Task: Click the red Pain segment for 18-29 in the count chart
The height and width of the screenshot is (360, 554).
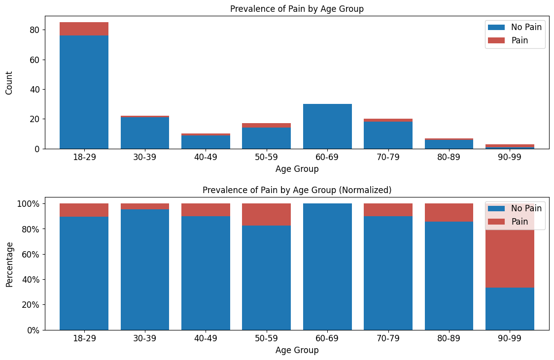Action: (x=84, y=29)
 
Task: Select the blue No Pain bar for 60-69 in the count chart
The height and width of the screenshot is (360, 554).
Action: (x=327, y=127)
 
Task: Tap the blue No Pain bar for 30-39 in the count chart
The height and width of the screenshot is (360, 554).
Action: (x=145, y=133)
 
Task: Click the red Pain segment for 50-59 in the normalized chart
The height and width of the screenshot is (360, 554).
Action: (x=266, y=215)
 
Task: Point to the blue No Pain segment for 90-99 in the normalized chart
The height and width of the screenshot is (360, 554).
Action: (x=510, y=309)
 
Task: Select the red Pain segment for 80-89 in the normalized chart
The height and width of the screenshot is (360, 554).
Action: (x=449, y=212)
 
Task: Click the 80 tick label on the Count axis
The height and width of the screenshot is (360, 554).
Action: (x=34, y=30)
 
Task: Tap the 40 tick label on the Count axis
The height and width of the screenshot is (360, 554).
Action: (x=34, y=90)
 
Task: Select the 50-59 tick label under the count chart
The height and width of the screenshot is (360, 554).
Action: (x=266, y=157)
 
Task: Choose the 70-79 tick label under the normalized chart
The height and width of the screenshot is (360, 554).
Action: (x=388, y=338)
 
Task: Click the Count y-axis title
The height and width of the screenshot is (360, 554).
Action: (x=9, y=83)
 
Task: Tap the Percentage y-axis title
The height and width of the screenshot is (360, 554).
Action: (x=9, y=265)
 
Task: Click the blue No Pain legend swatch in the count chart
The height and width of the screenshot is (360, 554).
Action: (x=496, y=27)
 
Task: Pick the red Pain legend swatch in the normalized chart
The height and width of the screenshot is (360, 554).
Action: (x=496, y=222)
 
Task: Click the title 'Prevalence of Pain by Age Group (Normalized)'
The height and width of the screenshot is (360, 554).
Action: (x=297, y=190)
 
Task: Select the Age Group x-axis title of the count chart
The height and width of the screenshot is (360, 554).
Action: (x=297, y=169)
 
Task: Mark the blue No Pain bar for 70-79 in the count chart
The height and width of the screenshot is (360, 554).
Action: (x=388, y=135)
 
